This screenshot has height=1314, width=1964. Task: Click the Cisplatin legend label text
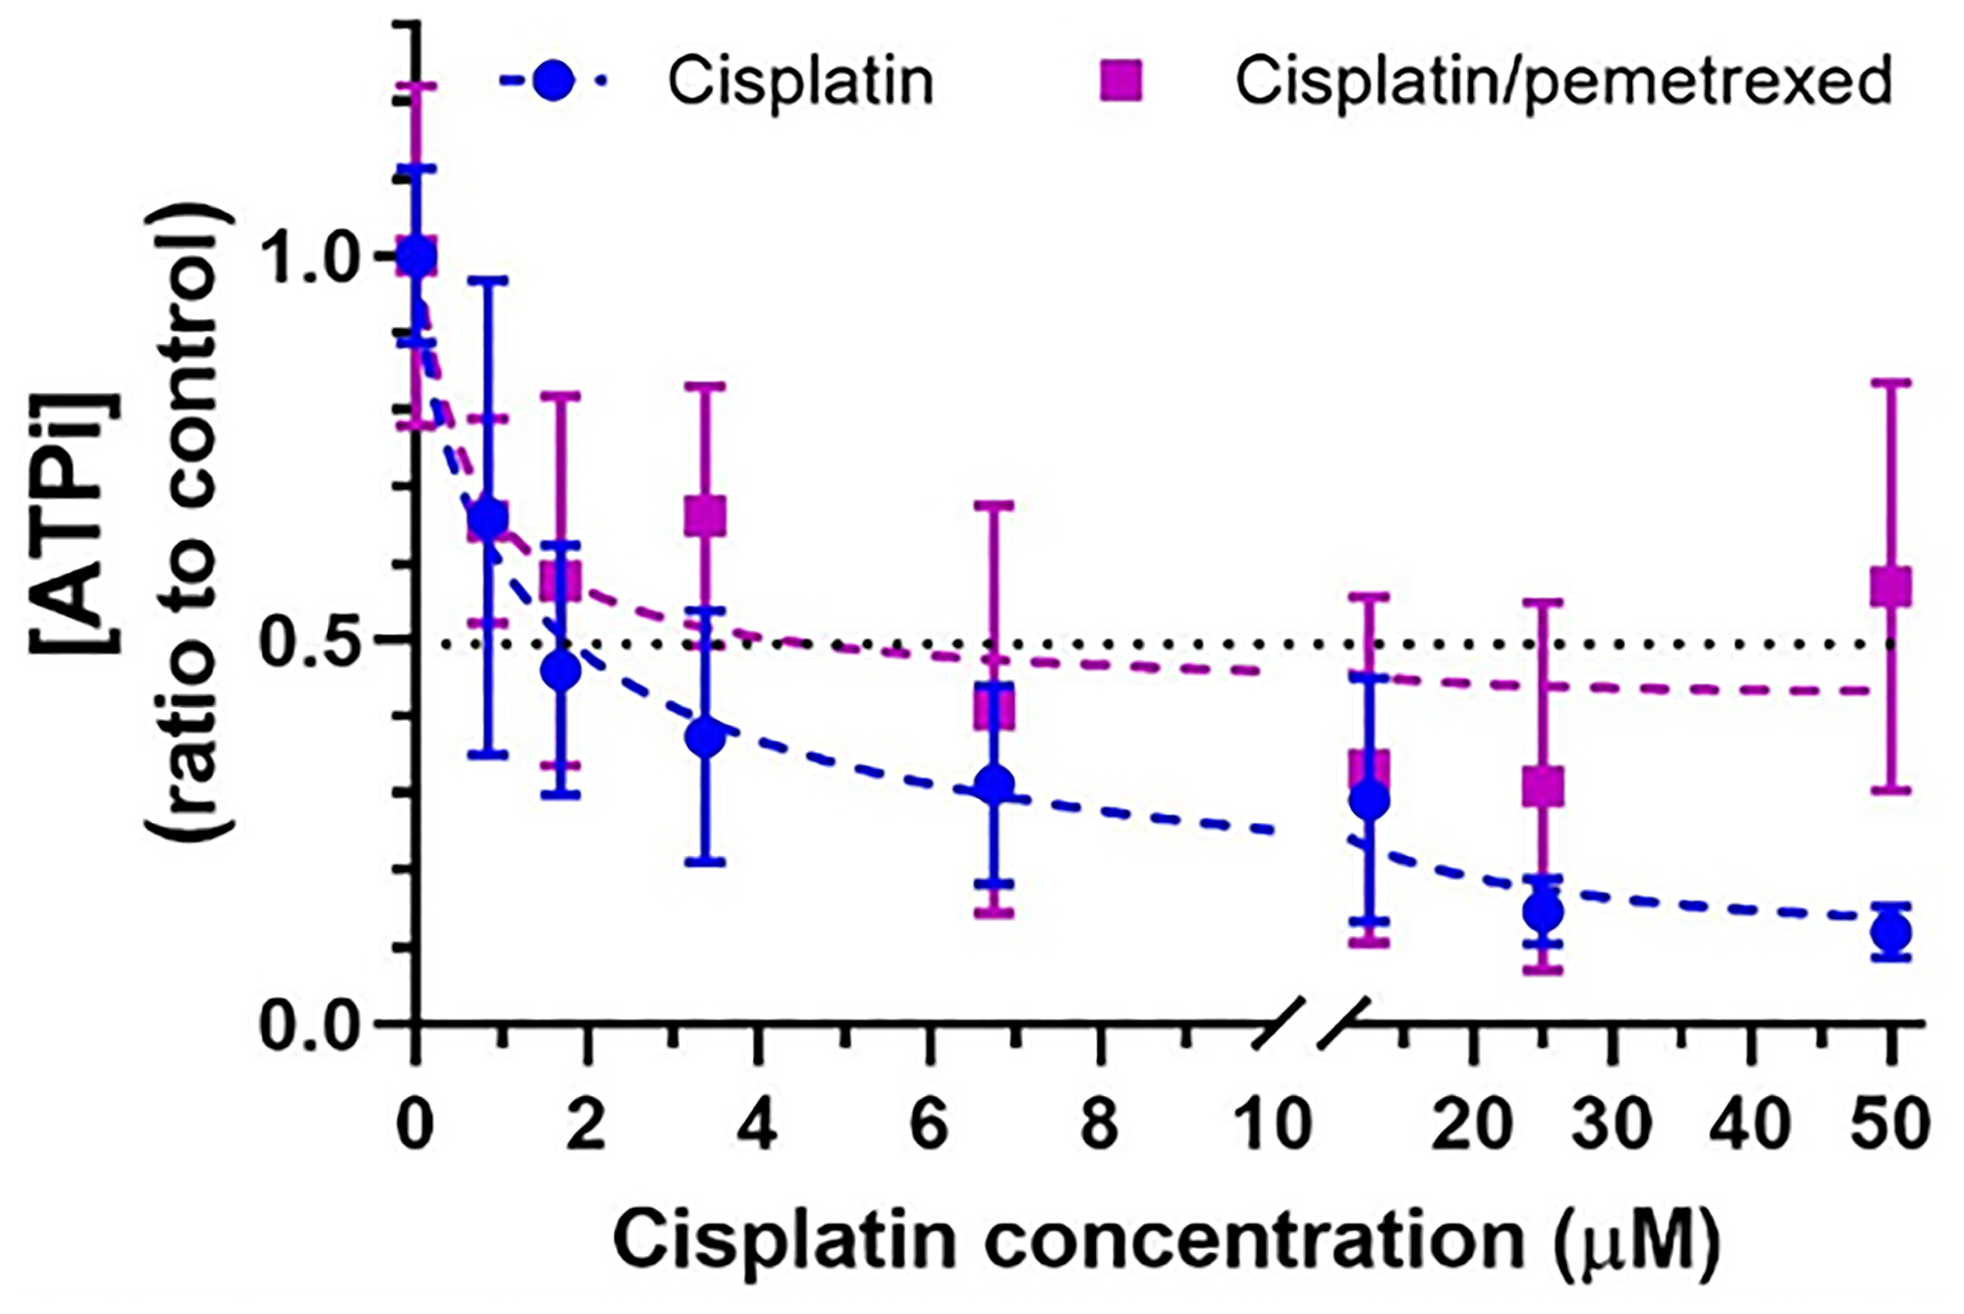click(800, 81)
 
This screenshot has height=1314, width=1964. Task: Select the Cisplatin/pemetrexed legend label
click(1563, 81)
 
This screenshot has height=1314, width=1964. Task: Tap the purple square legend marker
click(1120, 81)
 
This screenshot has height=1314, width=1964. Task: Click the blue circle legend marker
click(556, 81)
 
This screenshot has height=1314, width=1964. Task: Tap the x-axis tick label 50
click(1889, 1123)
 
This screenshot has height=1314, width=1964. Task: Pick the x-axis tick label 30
click(1612, 1123)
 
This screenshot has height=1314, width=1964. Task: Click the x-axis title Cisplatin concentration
click(1068, 1241)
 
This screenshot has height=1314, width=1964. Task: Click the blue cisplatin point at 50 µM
click(1890, 931)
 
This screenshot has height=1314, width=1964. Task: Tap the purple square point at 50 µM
click(1890, 587)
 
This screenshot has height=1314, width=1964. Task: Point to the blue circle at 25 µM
click(1543, 912)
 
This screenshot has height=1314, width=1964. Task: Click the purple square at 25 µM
click(1543, 786)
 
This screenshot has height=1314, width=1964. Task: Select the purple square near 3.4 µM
click(705, 516)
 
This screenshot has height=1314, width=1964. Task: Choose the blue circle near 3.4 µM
click(705, 738)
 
